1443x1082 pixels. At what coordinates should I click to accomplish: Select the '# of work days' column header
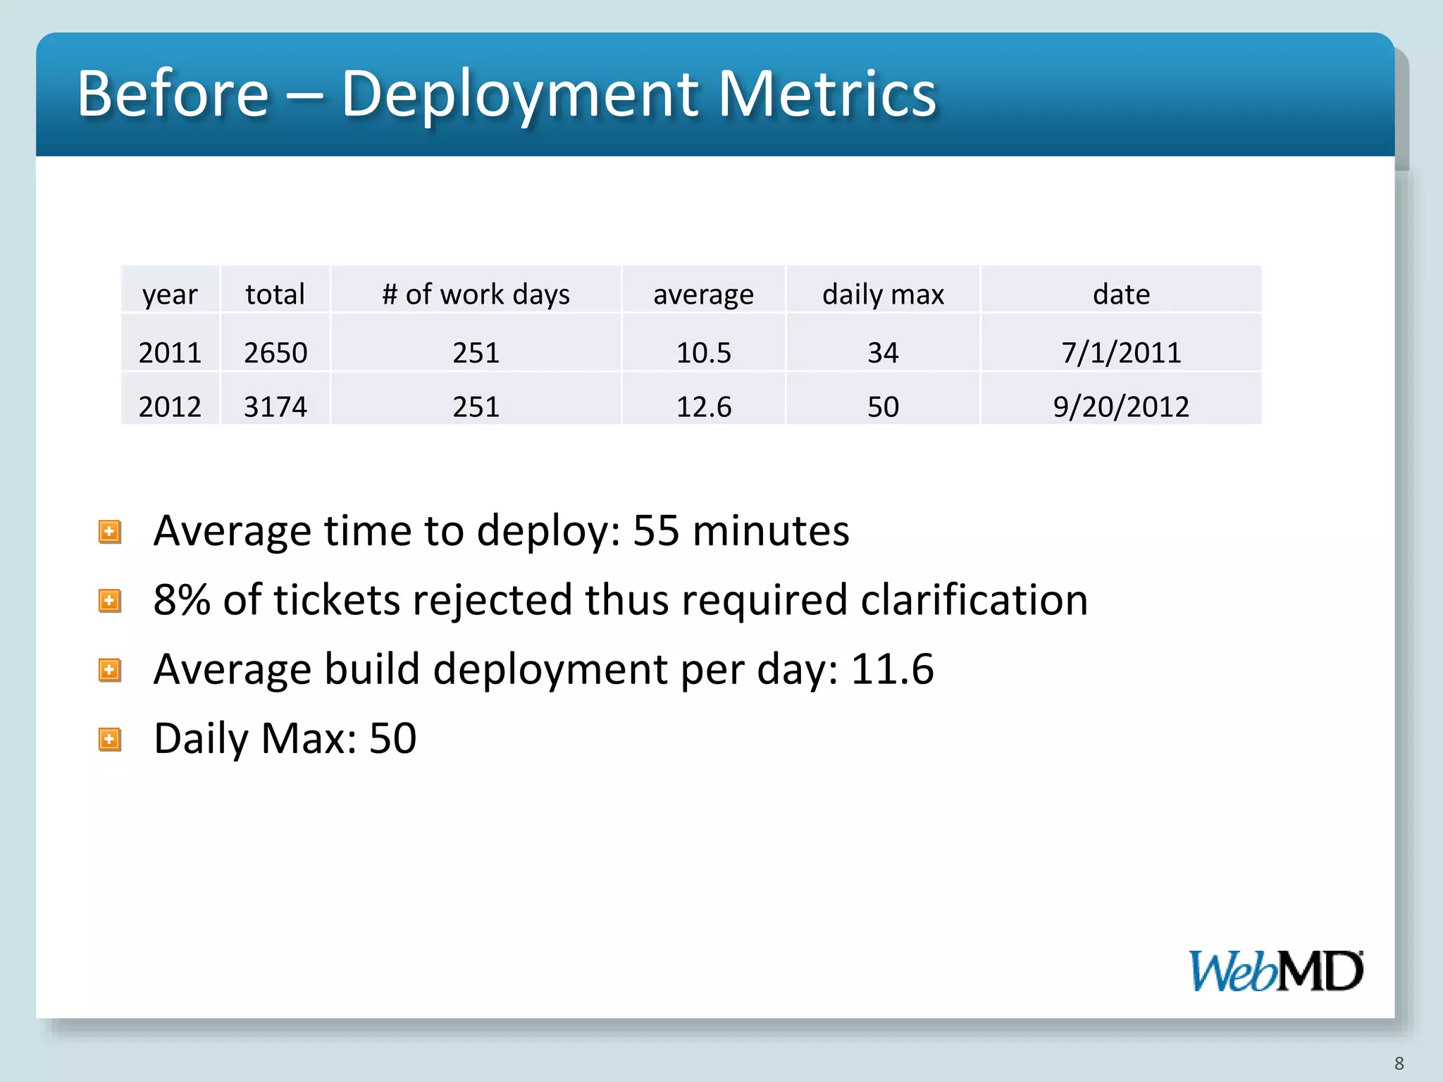[x=476, y=294]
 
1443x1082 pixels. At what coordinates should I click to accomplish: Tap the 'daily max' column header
[x=883, y=294]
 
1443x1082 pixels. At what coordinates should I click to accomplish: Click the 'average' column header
[x=703, y=294]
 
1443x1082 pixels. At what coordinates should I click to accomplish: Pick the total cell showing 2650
[x=275, y=352]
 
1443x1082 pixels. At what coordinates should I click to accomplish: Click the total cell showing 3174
[x=275, y=406]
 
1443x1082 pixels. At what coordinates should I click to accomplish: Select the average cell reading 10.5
[x=703, y=352]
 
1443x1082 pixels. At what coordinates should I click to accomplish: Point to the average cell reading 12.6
[x=703, y=406]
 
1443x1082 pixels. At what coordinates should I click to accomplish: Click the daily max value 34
[x=883, y=352]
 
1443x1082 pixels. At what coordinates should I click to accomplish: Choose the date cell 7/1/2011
[x=1121, y=352]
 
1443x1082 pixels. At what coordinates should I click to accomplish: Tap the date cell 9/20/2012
[x=1121, y=406]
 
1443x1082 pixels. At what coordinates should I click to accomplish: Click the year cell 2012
[x=170, y=406]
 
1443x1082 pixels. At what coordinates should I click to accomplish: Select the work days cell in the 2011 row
[x=476, y=352]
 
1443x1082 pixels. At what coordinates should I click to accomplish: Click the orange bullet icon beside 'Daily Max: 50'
[x=110, y=740]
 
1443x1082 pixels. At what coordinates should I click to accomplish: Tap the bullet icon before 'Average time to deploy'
[x=110, y=532]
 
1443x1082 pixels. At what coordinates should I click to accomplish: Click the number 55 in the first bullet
[x=656, y=530]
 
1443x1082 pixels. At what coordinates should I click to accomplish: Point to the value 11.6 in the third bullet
[x=892, y=669]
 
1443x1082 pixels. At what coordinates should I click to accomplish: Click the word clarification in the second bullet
[x=974, y=599]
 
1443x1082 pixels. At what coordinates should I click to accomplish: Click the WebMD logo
[x=1276, y=971]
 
